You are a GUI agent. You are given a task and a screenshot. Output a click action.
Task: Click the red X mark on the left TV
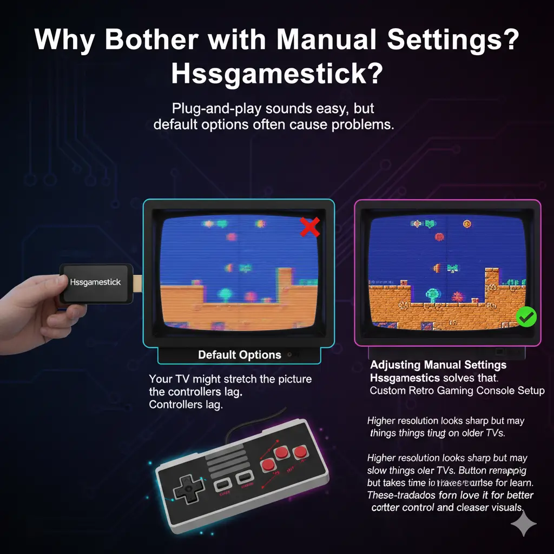(x=309, y=227)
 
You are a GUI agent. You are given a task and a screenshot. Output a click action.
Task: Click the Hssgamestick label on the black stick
(x=96, y=282)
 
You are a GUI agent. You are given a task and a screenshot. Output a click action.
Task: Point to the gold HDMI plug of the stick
(x=137, y=283)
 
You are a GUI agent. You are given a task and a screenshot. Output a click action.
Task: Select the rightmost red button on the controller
(x=299, y=451)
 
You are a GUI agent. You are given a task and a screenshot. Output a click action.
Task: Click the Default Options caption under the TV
(x=239, y=355)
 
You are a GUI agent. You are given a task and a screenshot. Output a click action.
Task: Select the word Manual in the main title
(x=332, y=41)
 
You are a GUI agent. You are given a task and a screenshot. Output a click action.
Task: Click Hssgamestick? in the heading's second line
(x=276, y=74)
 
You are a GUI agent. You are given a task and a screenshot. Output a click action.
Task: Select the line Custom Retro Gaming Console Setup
(x=457, y=391)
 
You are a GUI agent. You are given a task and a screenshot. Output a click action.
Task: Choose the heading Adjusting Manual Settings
(x=438, y=365)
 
